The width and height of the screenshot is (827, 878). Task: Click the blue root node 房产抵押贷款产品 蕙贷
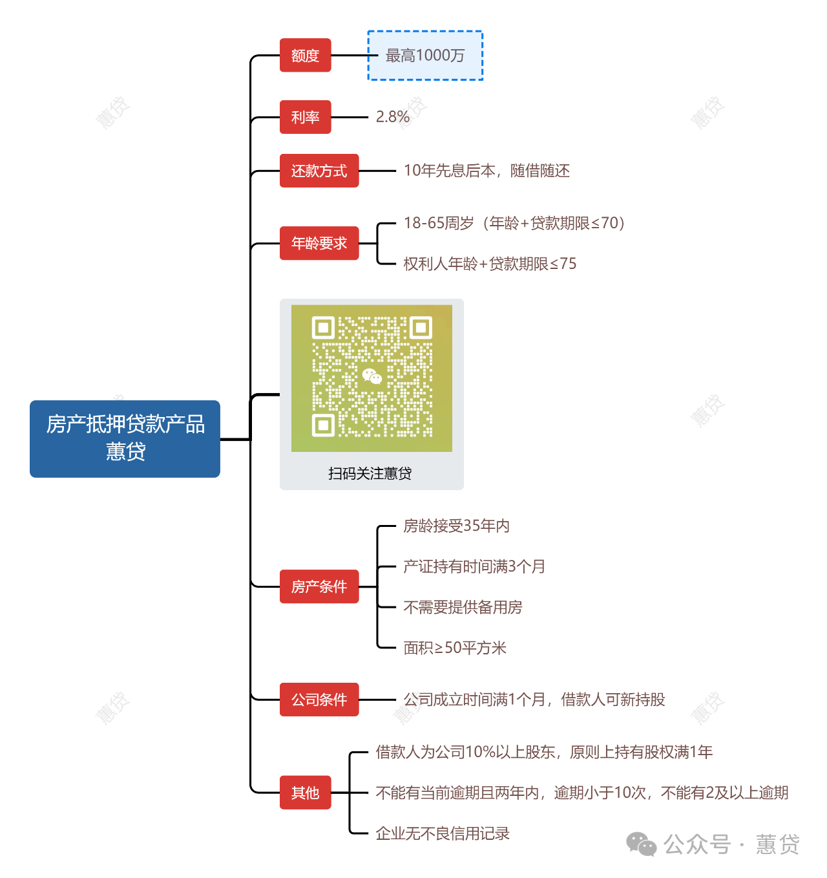pyautogui.click(x=125, y=438)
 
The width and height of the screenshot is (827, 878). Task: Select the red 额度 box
pyautogui.click(x=305, y=55)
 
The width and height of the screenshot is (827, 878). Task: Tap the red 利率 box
pyautogui.click(x=305, y=117)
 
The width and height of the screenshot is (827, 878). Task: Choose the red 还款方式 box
pyautogui.click(x=319, y=171)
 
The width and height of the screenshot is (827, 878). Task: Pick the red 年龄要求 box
pyautogui.click(x=319, y=243)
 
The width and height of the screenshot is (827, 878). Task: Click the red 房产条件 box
pyautogui.click(x=319, y=586)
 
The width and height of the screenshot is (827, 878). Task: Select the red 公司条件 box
pyautogui.click(x=319, y=700)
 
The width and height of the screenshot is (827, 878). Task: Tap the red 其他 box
pyautogui.click(x=305, y=792)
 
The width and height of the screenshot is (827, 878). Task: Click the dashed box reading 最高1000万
pyautogui.click(x=424, y=55)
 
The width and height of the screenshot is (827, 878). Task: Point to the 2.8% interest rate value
pyautogui.click(x=393, y=117)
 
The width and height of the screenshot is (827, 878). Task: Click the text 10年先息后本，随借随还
pyautogui.click(x=487, y=171)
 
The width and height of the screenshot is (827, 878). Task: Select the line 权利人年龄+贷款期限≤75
pyautogui.click(x=490, y=264)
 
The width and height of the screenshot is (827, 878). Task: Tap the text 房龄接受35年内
pyautogui.click(x=457, y=526)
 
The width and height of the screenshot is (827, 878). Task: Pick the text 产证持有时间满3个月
pyautogui.click(x=474, y=566)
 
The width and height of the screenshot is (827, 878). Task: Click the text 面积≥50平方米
pyautogui.click(x=455, y=648)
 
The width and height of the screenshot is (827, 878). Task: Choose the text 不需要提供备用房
pyautogui.click(x=463, y=607)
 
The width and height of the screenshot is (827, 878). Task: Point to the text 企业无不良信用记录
pyautogui.click(x=443, y=833)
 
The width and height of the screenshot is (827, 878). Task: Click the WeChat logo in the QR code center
pyautogui.click(x=372, y=376)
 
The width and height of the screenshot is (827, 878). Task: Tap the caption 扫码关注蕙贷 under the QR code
pyautogui.click(x=370, y=473)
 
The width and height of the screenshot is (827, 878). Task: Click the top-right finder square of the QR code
pyautogui.click(x=421, y=328)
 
